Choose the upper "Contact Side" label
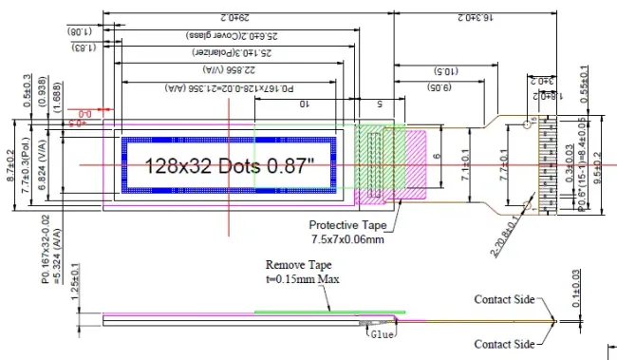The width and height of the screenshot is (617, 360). point(505,299)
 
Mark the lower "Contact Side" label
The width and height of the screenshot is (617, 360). point(505,344)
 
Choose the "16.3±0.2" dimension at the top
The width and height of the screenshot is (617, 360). point(473,17)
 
